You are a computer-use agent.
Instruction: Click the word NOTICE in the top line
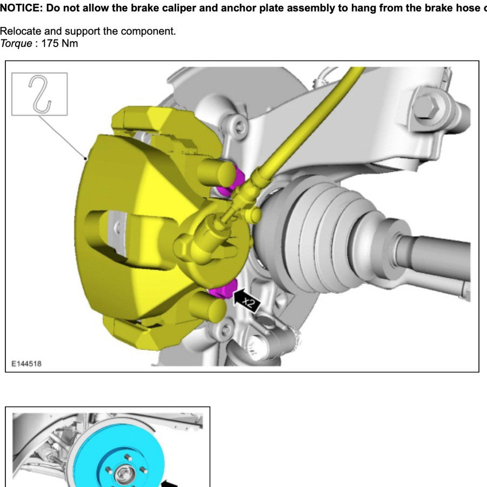pos(21,8)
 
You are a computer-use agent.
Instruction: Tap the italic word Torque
pos(16,43)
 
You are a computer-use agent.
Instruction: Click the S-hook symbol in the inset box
pos(39,94)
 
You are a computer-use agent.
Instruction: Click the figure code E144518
pos(26,364)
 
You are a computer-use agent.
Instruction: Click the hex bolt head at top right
pos(425,106)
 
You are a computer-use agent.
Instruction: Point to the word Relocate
pos(20,31)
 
